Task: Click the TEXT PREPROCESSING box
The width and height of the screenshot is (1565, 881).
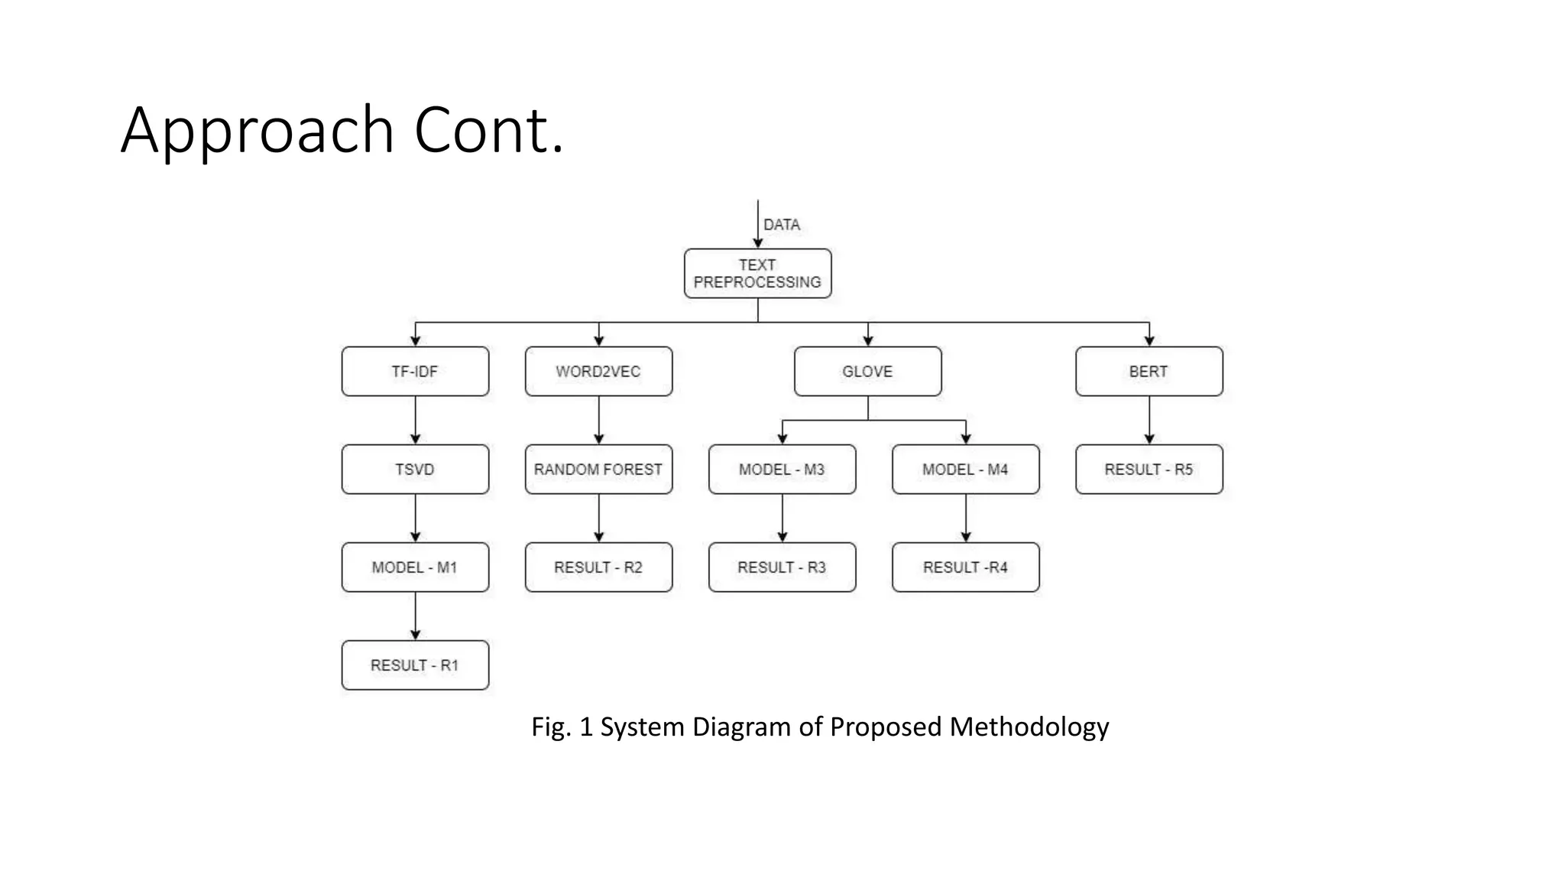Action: [x=757, y=273]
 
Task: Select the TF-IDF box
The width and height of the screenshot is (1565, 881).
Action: [x=415, y=371]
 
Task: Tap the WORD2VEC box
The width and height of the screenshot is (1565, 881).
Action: [x=598, y=371]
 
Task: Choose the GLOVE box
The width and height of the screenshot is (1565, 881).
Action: [x=867, y=371]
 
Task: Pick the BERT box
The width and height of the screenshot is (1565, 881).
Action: [x=1149, y=371]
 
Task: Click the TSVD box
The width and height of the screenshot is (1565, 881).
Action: [x=415, y=469]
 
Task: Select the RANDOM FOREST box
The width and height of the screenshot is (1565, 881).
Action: [x=598, y=469]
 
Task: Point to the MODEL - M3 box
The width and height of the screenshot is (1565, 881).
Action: [x=782, y=469]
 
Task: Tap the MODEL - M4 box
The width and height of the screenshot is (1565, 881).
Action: [x=965, y=469]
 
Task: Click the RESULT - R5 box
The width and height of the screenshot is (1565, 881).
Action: [x=1149, y=469]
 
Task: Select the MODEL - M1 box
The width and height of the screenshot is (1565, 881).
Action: [x=415, y=567]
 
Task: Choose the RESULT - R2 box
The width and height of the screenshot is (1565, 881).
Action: [x=598, y=567]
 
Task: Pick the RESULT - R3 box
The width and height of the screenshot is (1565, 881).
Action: [x=782, y=567]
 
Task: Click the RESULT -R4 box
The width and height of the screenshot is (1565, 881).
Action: [x=965, y=567]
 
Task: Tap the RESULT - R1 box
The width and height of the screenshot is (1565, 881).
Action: [x=415, y=665]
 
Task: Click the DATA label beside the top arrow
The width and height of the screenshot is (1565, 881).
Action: [x=782, y=225]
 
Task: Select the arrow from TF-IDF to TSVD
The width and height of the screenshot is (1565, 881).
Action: [x=415, y=420]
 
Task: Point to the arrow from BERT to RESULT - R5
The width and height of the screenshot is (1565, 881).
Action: [x=1149, y=420]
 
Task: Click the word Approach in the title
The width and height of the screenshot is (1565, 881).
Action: [x=258, y=132]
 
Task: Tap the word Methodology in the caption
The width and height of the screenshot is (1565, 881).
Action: [x=1029, y=727]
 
